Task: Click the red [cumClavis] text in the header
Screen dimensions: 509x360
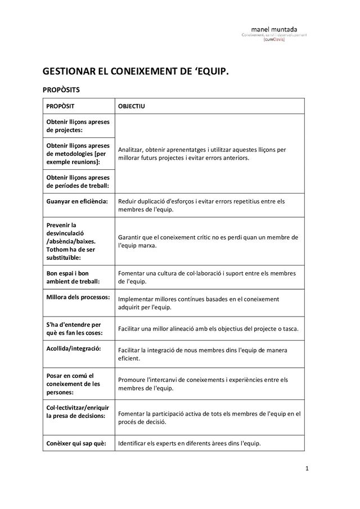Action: click(x=274, y=40)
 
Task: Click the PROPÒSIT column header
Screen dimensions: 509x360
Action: click(x=61, y=106)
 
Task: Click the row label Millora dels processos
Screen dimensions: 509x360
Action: click(x=77, y=296)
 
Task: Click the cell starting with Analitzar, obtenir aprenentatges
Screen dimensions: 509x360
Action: click(x=201, y=154)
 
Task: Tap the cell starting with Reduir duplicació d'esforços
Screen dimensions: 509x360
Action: click(x=201, y=205)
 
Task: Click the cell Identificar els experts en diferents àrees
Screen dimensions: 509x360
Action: click(x=188, y=443)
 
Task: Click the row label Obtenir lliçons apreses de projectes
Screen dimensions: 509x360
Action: click(x=78, y=126)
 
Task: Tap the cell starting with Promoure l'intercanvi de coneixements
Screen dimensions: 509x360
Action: click(x=201, y=384)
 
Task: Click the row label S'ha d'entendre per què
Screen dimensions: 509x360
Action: click(x=73, y=328)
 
